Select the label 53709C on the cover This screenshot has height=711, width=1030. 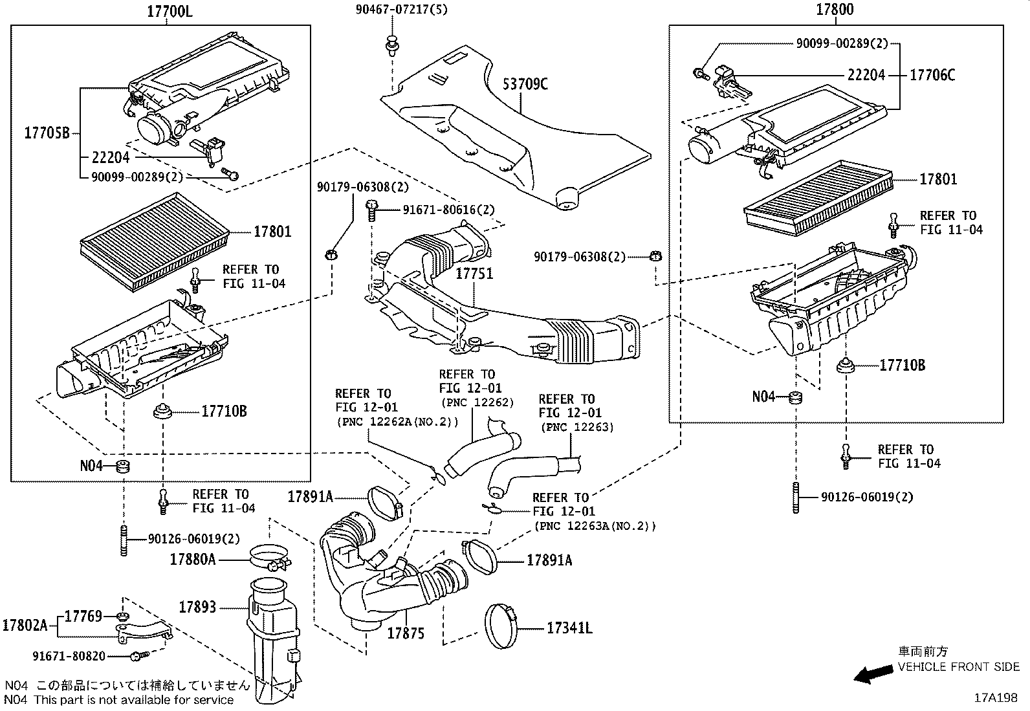tap(525, 84)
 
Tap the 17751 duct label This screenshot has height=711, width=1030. tap(474, 274)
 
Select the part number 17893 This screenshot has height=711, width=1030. tap(197, 607)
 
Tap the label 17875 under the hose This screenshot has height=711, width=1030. tap(406, 634)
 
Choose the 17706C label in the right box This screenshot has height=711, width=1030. tap(932, 75)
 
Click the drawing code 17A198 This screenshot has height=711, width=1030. tap(997, 698)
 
